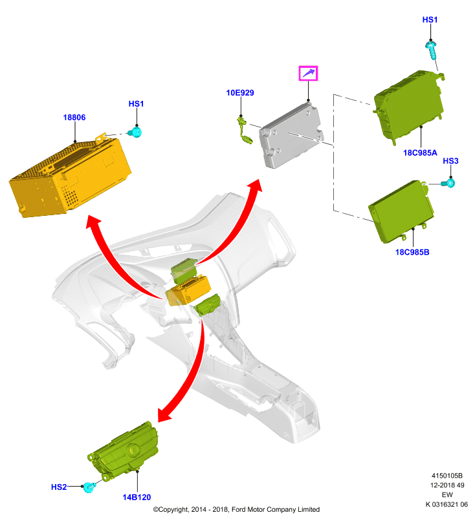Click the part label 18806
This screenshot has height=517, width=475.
tap(74, 118)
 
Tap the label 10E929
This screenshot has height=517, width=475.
tap(240, 93)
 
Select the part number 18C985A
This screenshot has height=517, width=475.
tap(420, 153)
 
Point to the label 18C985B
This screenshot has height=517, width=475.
tap(412, 252)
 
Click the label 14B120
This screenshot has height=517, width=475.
tap(137, 497)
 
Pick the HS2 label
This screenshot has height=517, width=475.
tap(59, 487)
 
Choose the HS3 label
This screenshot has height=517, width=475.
tap(450, 161)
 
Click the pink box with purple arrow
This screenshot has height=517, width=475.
tap(308, 73)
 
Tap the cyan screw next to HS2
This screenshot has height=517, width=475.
tap(89, 487)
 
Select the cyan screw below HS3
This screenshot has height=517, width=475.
tap(449, 183)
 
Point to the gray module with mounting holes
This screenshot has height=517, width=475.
tap(291, 136)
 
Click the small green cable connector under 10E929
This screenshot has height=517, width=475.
tap(244, 131)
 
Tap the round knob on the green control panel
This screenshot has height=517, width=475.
tap(134, 448)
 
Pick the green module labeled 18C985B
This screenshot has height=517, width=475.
tap(401, 212)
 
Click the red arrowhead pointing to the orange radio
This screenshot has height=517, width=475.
tap(93, 221)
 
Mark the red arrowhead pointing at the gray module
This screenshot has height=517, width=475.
tap(256, 185)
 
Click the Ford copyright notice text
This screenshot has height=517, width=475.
tap(236, 509)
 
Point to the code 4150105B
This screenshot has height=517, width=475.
tap(447, 476)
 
